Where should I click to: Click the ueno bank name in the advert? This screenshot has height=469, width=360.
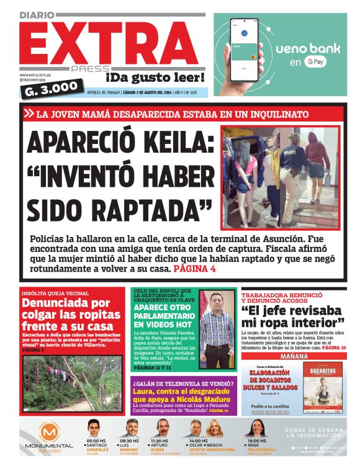tap(306, 48)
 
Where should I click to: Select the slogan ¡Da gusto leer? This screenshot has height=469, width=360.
tap(155, 78)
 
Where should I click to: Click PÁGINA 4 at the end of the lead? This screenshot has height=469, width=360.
tap(195, 269)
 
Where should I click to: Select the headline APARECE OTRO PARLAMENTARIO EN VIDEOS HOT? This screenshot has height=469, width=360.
tap(164, 315)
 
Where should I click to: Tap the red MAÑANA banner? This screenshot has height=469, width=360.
tap(294, 357)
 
